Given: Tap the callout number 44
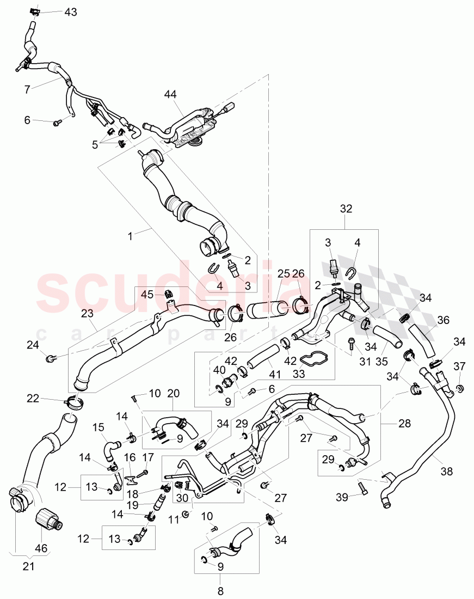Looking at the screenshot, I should [x=171, y=95].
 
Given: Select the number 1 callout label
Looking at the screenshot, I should [x=130, y=236].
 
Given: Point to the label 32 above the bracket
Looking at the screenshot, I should [x=346, y=208].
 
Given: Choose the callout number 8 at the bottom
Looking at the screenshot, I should [x=221, y=589].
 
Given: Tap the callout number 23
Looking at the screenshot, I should [x=88, y=313].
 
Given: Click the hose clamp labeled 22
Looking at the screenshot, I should [x=75, y=404].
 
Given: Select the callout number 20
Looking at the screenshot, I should [x=173, y=393].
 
